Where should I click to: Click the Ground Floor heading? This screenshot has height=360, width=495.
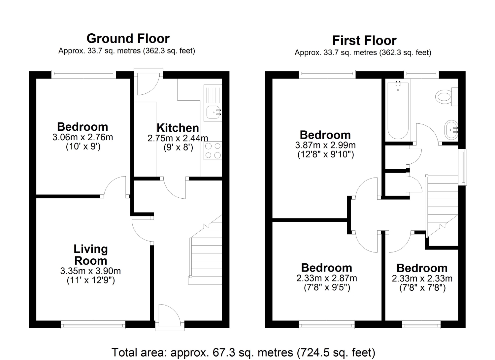click(x=128, y=39)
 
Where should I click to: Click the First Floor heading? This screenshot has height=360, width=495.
click(x=364, y=41)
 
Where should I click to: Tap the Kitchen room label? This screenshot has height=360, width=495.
click(x=178, y=128)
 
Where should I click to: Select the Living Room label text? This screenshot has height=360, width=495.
click(x=91, y=255)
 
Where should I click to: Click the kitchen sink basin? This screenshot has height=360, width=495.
click(x=213, y=112)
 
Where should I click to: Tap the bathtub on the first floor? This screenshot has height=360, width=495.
click(x=398, y=110)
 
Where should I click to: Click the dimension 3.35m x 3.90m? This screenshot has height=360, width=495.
click(x=91, y=271)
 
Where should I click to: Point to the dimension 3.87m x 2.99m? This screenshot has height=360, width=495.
click(x=325, y=145)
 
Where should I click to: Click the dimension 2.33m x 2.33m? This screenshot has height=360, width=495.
click(x=422, y=278)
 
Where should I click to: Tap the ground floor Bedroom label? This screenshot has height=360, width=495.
click(x=82, y=127)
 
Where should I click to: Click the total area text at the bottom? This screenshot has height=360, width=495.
click(x=243, y=352)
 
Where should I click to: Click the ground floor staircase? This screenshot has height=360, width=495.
click(x=205, y=250)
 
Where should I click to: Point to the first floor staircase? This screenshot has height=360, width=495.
click(x=442, y=207)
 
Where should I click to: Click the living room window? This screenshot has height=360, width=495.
click(x=93, y=325)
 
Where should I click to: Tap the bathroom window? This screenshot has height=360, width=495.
click(x=421, y=74)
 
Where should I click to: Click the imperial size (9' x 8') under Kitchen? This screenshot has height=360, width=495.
click(x=178, y=147)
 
